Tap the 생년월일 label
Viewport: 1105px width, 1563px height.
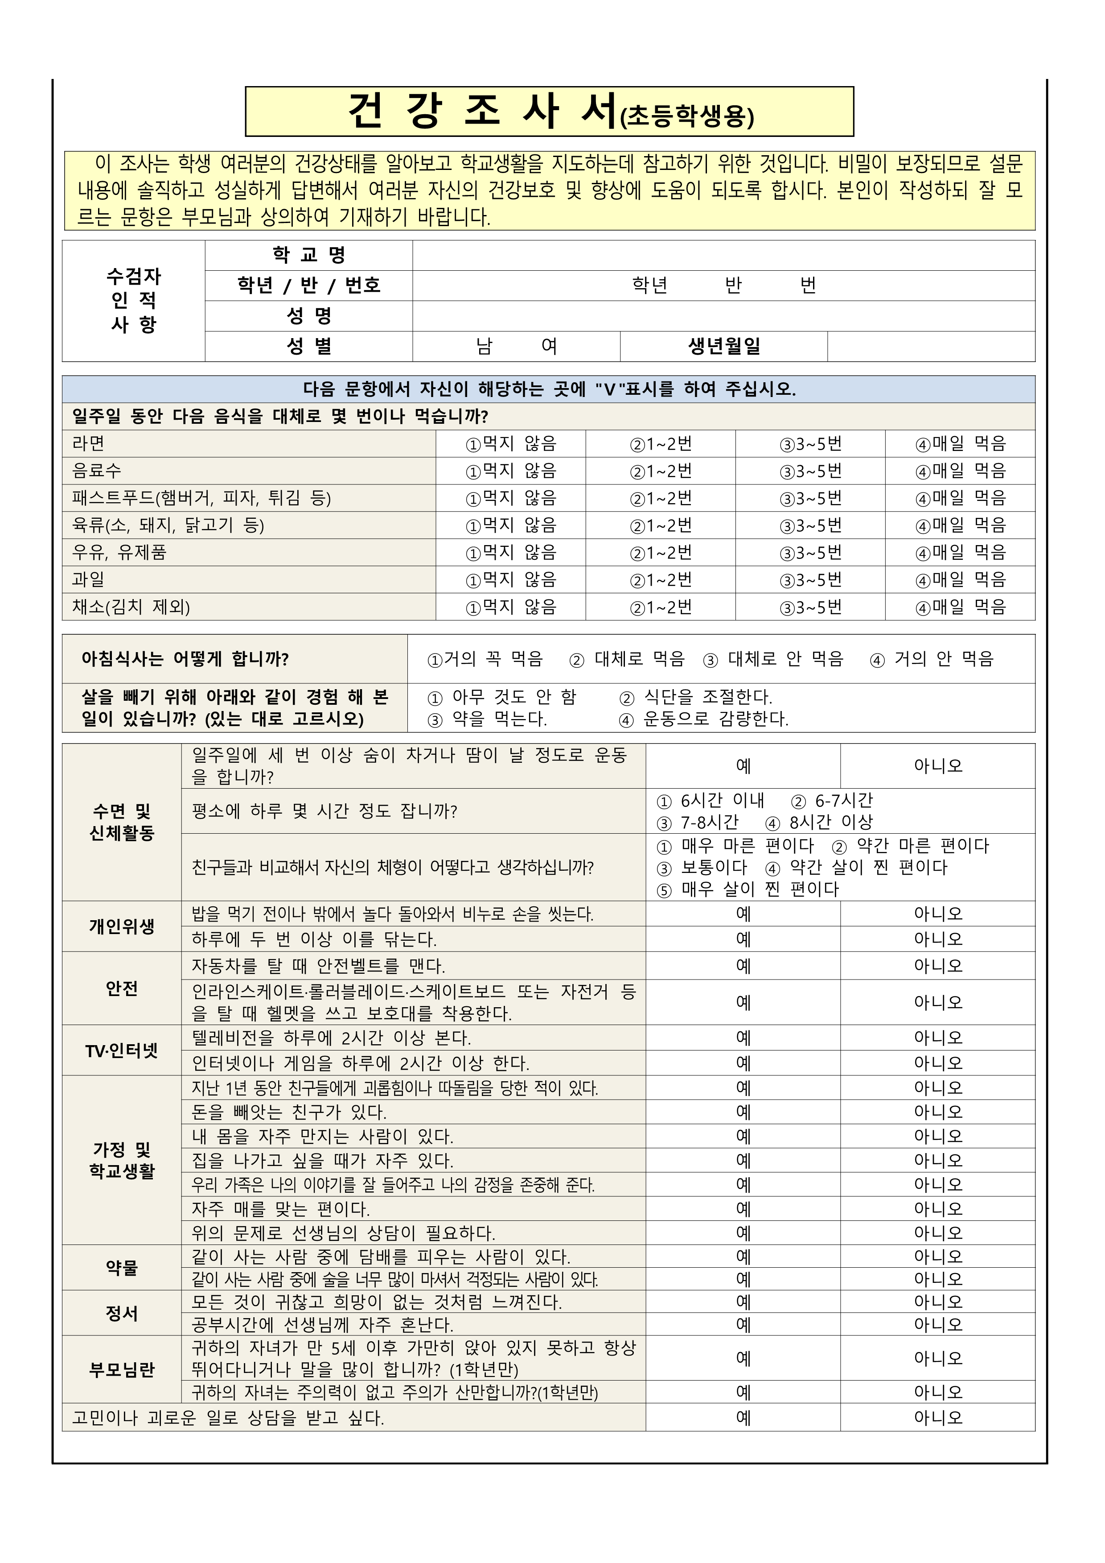(x=723, y=347)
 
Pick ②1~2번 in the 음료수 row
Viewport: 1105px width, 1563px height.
(x=660, y=471)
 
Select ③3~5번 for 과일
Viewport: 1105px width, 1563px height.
(x=810, y=580)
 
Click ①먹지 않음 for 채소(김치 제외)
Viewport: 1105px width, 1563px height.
(x=510, y=607)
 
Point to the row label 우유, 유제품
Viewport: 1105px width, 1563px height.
(x=119, y=552)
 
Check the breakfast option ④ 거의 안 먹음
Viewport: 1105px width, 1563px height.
(x=932, y=659)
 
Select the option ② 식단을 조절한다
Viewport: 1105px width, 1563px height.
(x=695, y=697)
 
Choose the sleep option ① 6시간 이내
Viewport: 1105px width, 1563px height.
(x=711, y=801)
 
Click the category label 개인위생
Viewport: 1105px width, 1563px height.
(x=122, y=926)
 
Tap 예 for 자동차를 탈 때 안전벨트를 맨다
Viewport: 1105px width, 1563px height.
(x=743, y=966)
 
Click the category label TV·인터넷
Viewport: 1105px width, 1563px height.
(x=122, y=1050)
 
